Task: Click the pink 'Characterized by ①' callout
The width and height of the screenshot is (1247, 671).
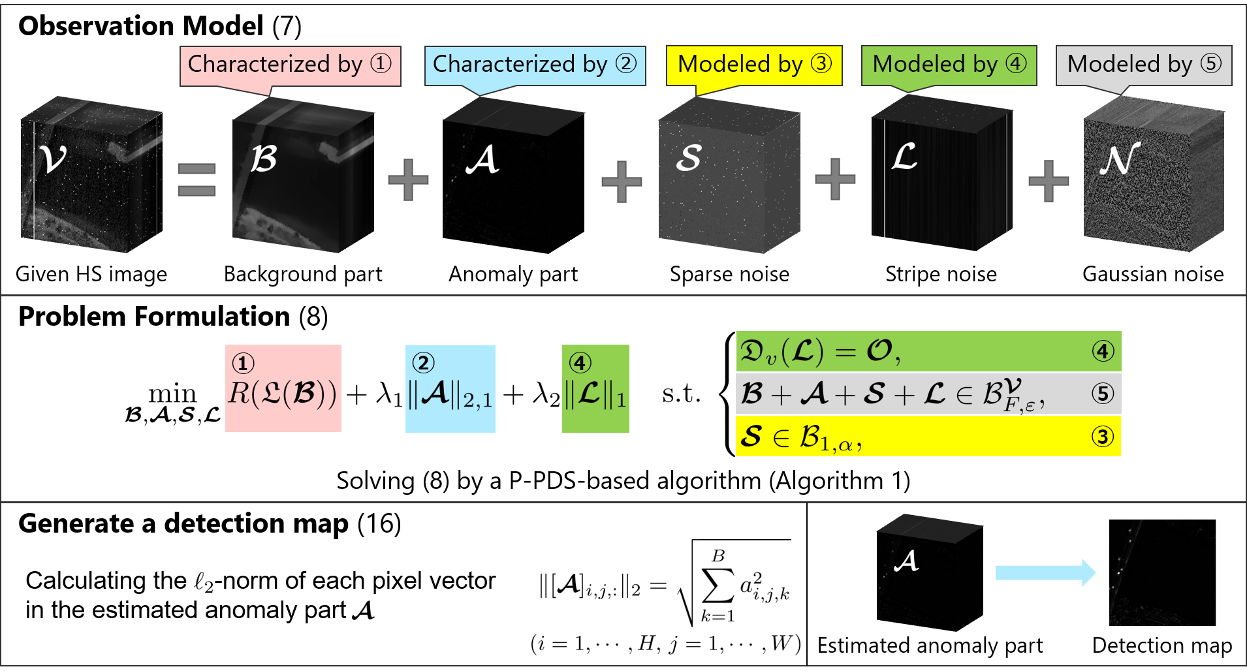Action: (290, 65)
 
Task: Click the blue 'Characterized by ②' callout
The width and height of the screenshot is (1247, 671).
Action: (535, 65)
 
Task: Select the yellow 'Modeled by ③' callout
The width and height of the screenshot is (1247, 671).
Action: (754, 65)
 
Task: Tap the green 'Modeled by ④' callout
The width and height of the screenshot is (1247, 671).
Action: (949, 65)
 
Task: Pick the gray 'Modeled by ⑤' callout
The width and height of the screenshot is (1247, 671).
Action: (1143, 65)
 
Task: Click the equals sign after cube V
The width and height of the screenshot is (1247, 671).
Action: (197, 180)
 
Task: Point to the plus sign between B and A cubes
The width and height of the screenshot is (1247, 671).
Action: (408, 180)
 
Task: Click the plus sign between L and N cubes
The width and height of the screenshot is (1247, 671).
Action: (1048, 180)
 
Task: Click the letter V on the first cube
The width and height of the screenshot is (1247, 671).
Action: (53, 158)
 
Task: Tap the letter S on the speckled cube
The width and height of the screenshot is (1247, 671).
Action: (689, 158)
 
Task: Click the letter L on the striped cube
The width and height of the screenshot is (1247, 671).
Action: (905, 157)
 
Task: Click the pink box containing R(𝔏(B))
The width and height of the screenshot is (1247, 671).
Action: (283, 388)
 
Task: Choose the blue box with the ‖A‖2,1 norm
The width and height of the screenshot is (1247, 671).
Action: (450, 389)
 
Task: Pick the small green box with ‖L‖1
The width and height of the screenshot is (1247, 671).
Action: (595, 389)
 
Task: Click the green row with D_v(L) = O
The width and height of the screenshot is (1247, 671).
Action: (928, 352)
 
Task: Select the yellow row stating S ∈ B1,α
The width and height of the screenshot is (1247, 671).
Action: (928, 436)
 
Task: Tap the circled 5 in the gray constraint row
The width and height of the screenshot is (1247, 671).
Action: (1103, 394)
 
